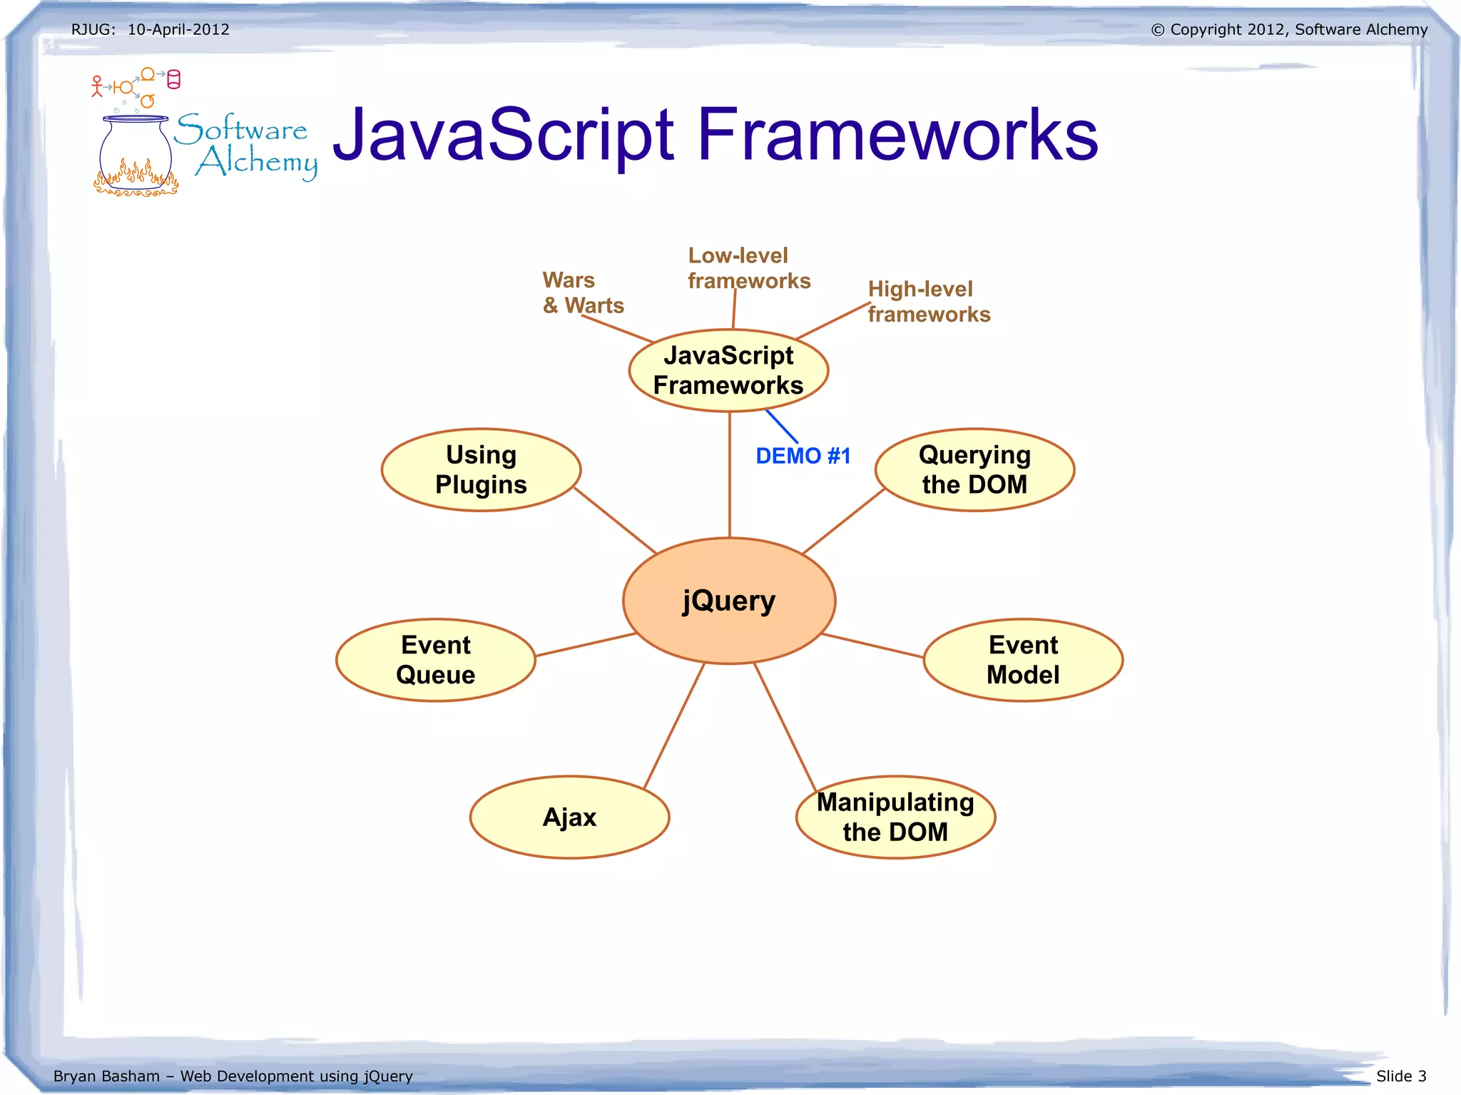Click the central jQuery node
(x=728, y=601)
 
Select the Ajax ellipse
(x=569, y=817)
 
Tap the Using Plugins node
(x=481, y=469)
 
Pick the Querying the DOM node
(x=974, y=469)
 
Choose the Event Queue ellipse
(x=435, y=660)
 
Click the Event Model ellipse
(x=1023, y=660)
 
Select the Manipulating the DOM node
(x=895, y=817)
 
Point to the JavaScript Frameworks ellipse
(x=728, y=370)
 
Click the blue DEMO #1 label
(x=803, y=456)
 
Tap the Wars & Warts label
(x=583, y=292)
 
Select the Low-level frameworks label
(x=748, y=268)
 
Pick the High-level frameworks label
(x=928, y=302)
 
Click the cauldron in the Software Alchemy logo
(x=136, y=157)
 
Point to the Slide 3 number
(x=1401, y=1076)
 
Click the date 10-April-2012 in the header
(x=178, y=29)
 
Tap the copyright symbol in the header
(x=1158, y=30)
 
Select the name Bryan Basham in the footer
(x=106, y=1076)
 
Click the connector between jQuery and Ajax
(x=674, y=725)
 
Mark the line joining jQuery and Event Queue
(x=585, y=644)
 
